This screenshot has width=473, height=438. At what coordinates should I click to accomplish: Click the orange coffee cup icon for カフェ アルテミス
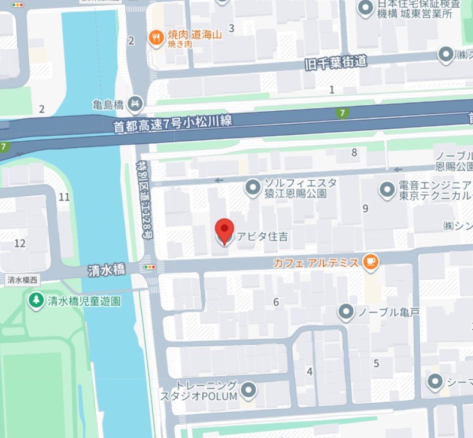371,262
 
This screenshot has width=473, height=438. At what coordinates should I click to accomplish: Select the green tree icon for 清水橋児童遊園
36,300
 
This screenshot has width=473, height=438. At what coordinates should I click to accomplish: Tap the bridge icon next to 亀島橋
135,105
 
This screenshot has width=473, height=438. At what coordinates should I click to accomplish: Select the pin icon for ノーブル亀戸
345,311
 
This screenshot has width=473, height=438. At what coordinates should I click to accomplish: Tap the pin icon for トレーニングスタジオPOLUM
248,391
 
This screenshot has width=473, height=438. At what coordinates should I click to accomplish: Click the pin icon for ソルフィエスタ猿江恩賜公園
253,188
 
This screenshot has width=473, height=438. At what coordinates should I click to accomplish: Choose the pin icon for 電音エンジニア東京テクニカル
387,191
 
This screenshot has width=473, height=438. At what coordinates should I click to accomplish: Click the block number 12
20,243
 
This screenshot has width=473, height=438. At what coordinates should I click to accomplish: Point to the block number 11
65,197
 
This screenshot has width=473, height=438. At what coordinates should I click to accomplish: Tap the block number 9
365,208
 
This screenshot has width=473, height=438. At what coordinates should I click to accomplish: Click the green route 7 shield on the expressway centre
342,113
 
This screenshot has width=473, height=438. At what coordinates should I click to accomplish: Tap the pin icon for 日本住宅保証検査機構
364,8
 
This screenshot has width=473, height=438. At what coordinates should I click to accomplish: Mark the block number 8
354,153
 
